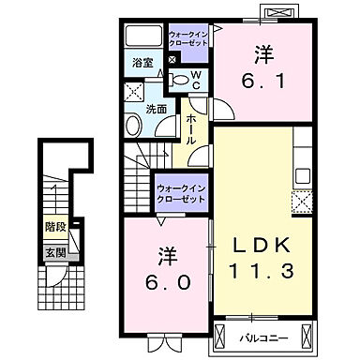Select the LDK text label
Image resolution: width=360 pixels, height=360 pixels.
click(262, 246)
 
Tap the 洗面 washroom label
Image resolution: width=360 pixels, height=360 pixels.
click(157, 109)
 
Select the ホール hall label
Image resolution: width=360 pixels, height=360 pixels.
click(190, 127)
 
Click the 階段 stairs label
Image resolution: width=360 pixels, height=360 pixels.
click(55, 228)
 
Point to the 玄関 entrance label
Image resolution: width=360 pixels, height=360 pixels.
click(54, 252)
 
